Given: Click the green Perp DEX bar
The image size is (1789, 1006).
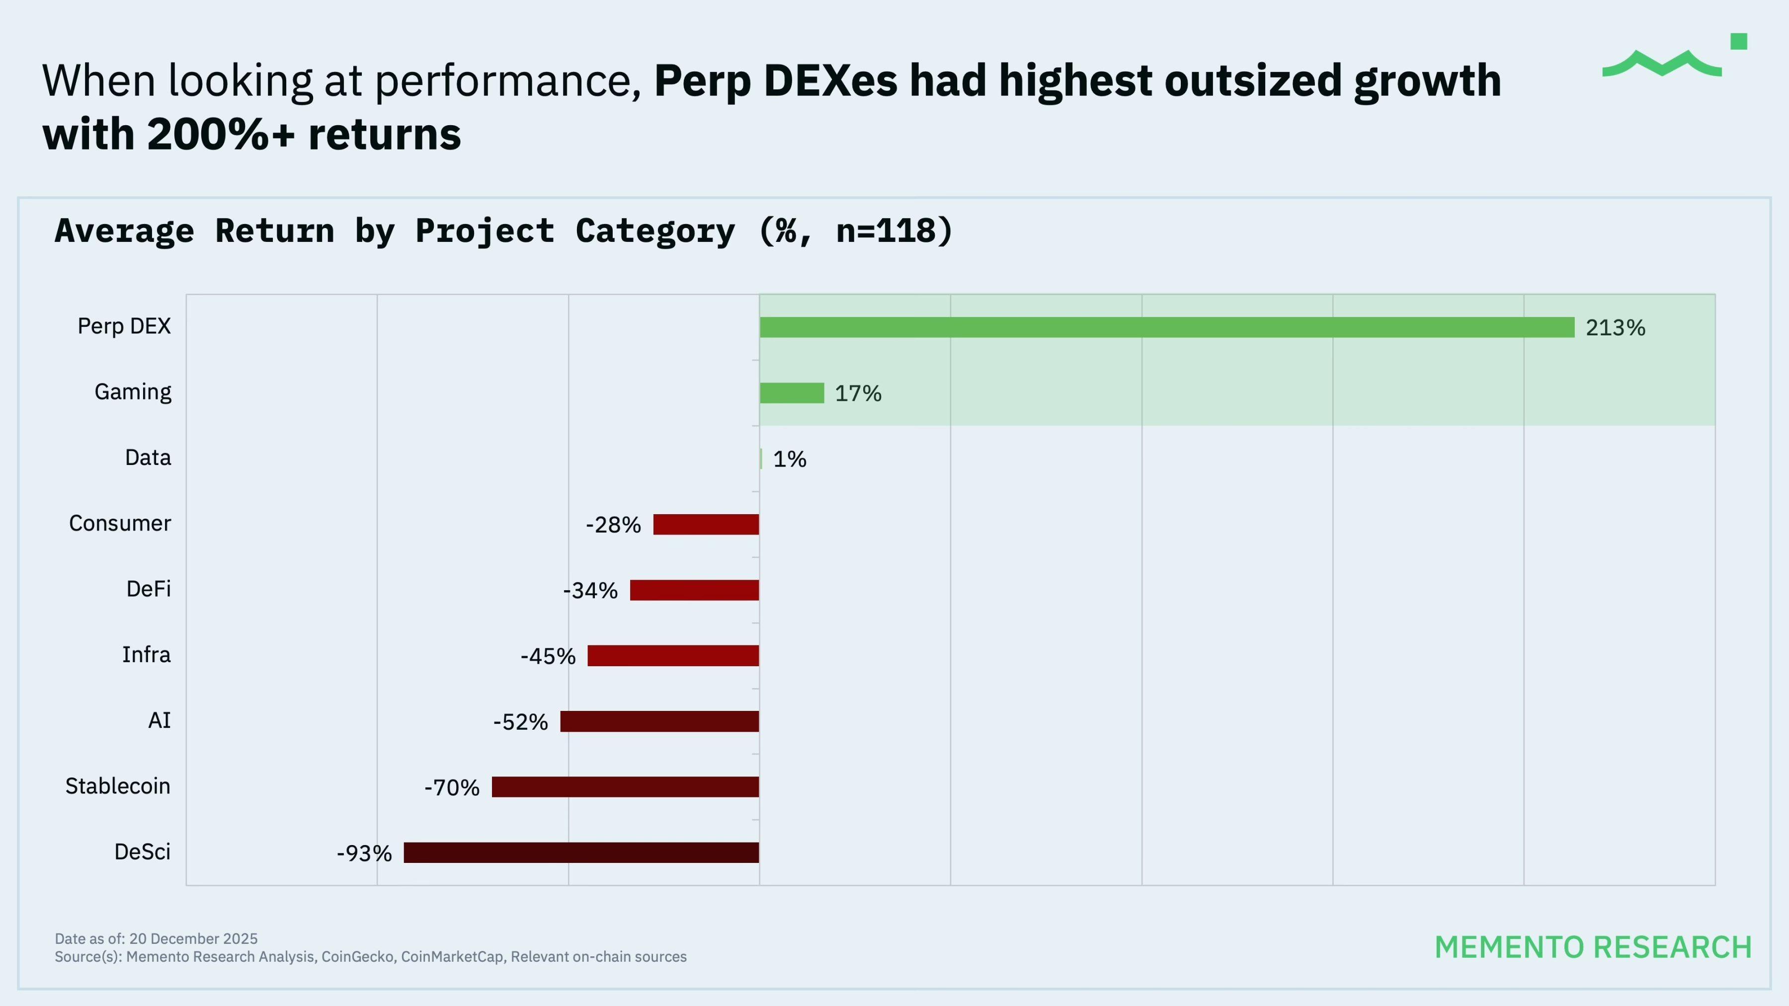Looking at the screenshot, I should (x=1167, y=327).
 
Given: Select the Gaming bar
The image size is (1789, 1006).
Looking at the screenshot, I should (x=792, y=393).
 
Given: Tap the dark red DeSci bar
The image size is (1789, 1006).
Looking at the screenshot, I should (x=581, y=852).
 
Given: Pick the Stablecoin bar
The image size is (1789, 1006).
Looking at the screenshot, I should (x=625, y=786).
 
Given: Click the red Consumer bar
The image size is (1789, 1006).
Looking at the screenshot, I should (x=706, y=524).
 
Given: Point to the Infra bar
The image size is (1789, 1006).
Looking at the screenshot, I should (x=673, y=655).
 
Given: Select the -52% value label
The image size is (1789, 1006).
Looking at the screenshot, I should (x=520, y=722).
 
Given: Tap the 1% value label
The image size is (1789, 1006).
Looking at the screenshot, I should (x=790, y=460).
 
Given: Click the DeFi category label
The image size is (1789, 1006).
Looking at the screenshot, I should (x=148, y=589).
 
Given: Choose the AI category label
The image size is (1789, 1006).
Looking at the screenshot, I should (x=159, y=721).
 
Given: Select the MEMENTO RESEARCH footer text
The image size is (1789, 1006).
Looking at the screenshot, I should (x=1593, y=947).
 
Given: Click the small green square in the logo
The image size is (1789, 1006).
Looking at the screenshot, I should (x=1738, y=42).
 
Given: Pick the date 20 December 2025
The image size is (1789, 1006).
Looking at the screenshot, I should (x=193, y=938).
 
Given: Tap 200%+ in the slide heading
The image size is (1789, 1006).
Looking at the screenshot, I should (x=221, y=134).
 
